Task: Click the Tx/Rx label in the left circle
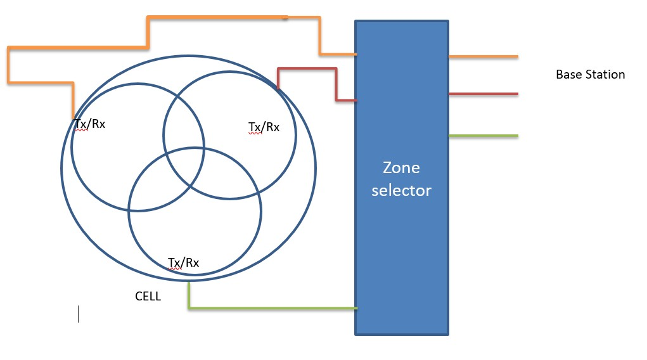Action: pos(89,124)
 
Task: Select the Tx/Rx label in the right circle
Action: pos(263,127)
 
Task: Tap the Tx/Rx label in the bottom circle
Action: pos(184,262)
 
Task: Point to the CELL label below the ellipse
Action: pos(148,296)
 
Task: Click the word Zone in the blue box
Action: pos(401,168)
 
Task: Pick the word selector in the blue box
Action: pos(401,190)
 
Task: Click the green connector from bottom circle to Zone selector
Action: pos(272,308)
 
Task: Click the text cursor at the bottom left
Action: pos(78,314)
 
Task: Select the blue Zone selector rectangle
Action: pos(401,266)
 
